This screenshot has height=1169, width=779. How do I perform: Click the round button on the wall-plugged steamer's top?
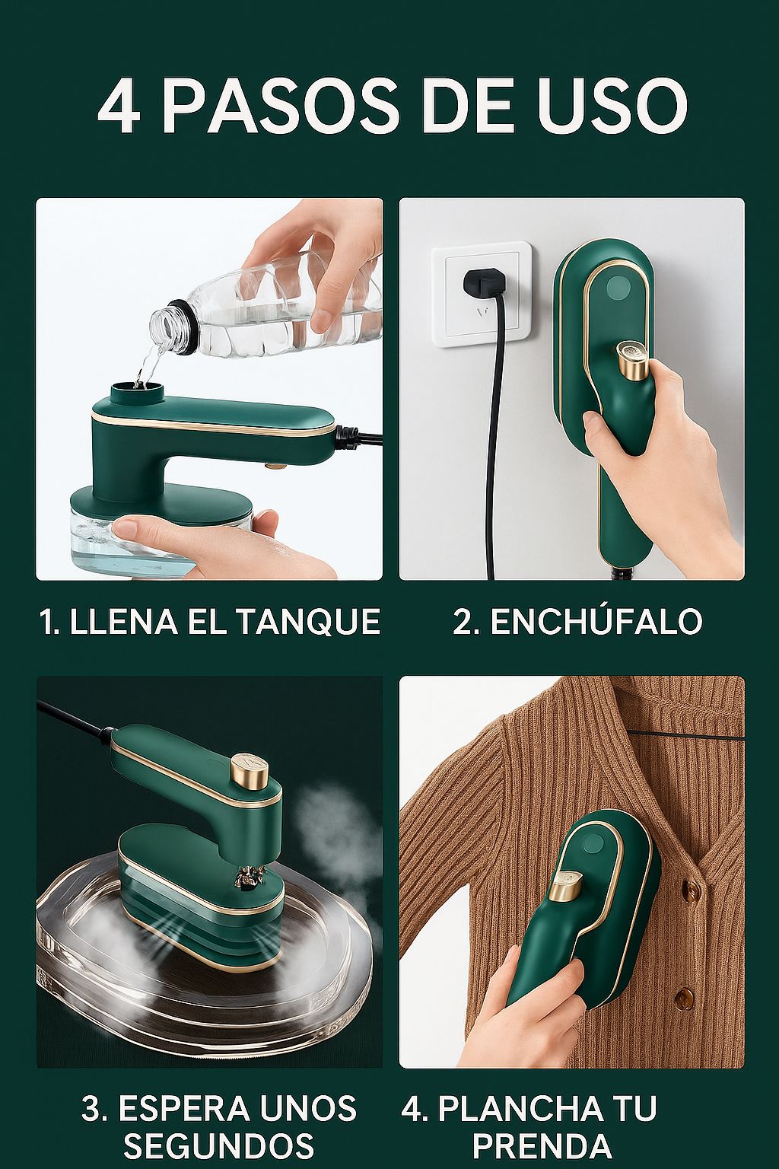click(619, 288)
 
